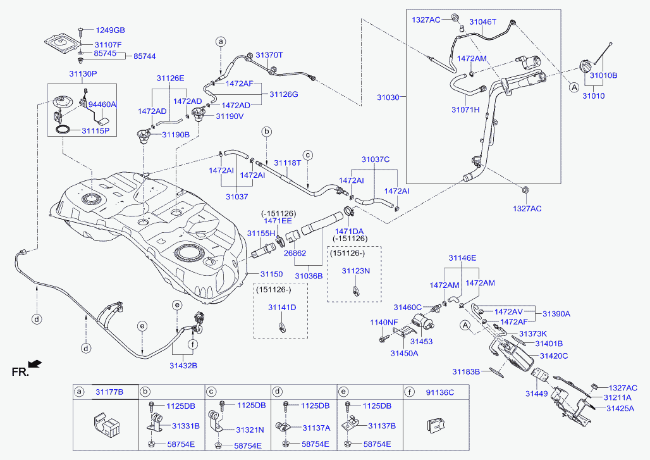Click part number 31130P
(82, 74)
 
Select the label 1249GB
(110, 30)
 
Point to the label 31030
(388, 98)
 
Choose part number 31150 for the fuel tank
(273, 274)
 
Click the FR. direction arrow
(35, 363)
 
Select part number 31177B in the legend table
(109, 392)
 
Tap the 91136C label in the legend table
(440, 392)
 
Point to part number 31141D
(281, 308)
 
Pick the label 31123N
(355, 271)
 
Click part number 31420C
(553, 356)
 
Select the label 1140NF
(384, 323)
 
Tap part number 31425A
(620, 409)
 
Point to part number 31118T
(287, 163)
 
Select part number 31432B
(183, 365)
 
